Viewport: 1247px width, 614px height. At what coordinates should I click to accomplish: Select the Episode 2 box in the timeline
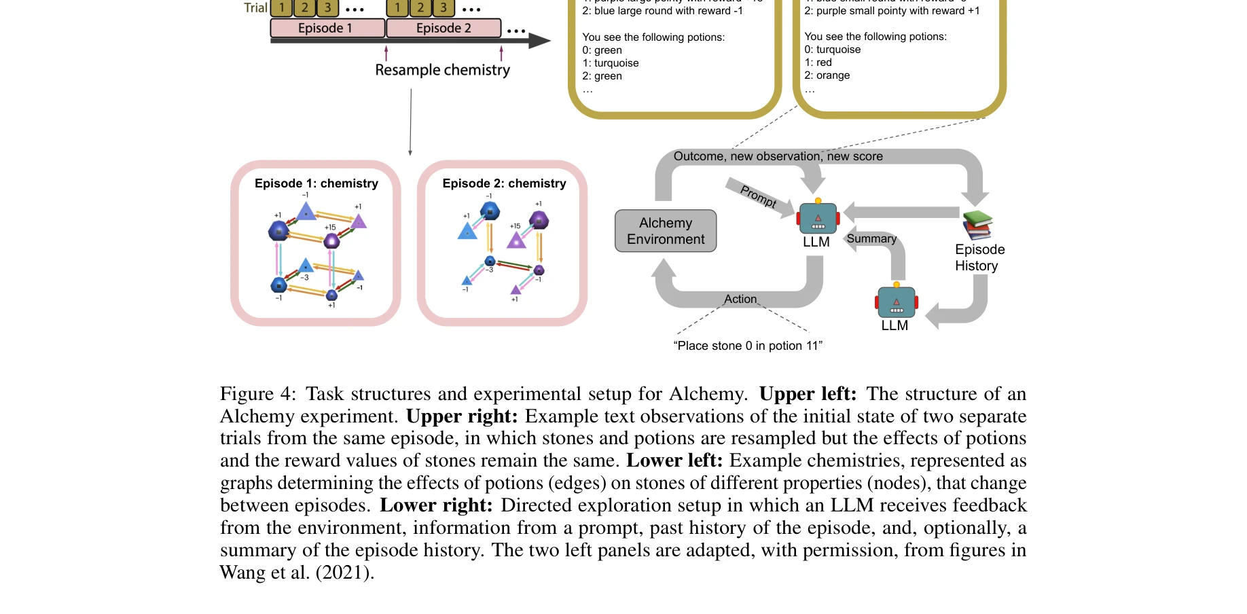tap(443, 28)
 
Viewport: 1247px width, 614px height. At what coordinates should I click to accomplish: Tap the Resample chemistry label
tap(442, 70)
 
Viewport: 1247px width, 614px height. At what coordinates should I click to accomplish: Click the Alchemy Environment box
tap(666, 231)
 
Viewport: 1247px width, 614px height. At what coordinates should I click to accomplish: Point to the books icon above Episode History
tap(977, 225)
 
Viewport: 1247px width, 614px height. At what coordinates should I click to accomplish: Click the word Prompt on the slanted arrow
tap(758, 196)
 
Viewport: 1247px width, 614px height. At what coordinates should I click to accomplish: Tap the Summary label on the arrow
tap(871, 238)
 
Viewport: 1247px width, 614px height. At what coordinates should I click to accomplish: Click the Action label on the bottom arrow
tap(740, 299)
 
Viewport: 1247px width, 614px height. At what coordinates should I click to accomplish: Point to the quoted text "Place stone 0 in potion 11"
tap(748, 346)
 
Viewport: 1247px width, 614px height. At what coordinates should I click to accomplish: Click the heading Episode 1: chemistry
tap(316, 183)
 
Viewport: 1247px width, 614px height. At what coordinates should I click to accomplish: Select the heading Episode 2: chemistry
tap(504, 183)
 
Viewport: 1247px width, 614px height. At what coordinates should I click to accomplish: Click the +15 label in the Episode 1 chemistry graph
tap(330, 228)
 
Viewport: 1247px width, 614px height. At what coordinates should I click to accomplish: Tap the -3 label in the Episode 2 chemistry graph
tap(489, 270)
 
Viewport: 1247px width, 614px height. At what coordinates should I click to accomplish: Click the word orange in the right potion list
tap(833, 75)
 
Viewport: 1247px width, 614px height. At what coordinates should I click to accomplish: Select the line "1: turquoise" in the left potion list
tap(610, 63)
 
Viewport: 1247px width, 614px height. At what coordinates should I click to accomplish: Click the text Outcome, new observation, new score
tap(778, 156)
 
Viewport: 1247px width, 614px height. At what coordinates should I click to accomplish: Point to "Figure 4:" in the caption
tap(257, 394)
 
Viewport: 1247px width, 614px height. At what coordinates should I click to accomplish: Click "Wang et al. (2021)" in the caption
tap(296, 573)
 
